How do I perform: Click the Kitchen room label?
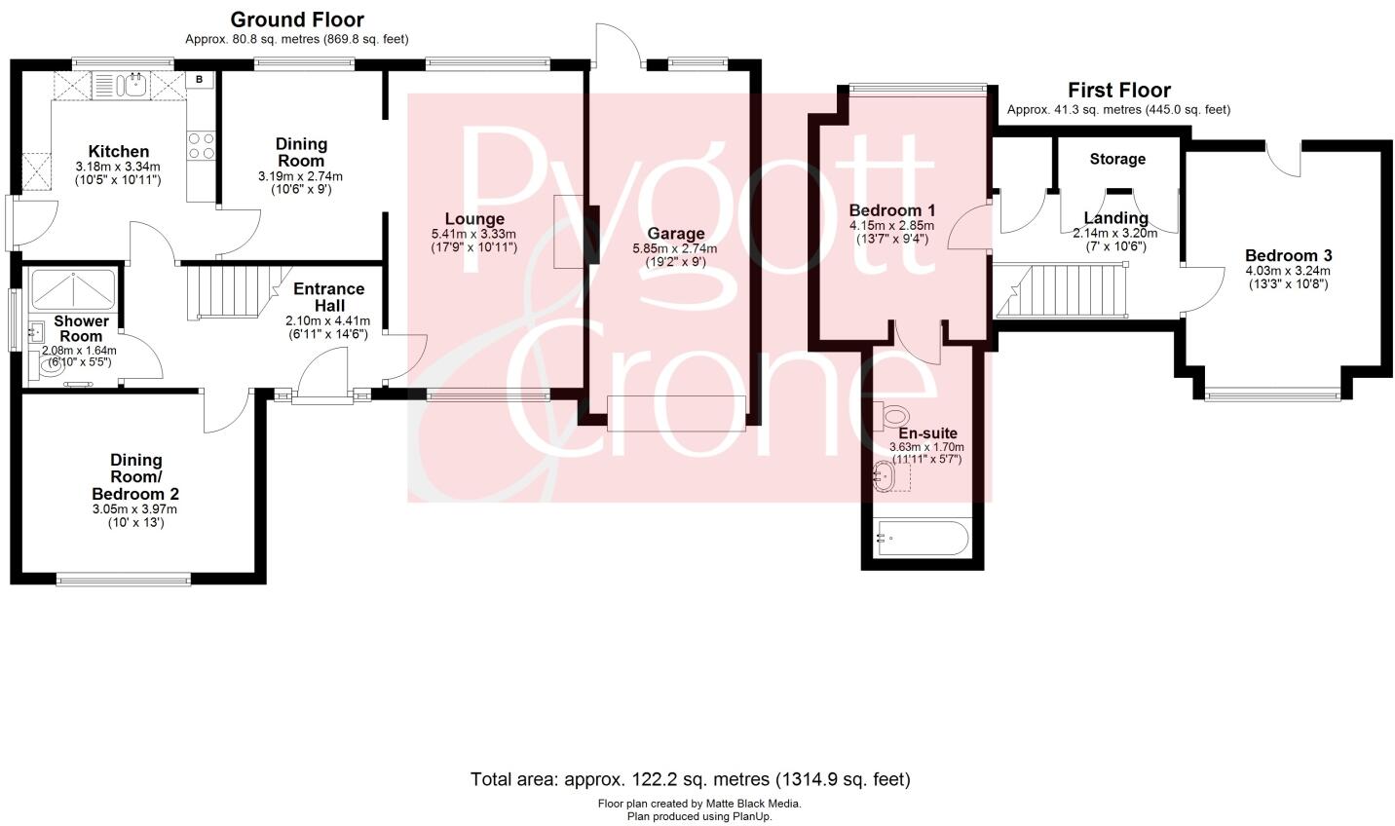[x=119, y=151]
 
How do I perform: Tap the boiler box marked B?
[x=200, y=80]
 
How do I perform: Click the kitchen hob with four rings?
[x=201, y=146]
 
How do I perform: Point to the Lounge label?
[x=474, y=219]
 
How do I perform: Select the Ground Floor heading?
[x=296, y=19]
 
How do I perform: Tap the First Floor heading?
[x=1118, y=91]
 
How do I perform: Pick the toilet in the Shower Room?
[x=50, y=365]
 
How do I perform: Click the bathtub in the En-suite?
[x=922, y=538]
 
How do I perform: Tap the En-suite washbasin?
[x=886, y=476]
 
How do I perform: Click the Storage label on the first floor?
[x=1116, y=159]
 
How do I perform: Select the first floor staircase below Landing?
[x=1067, y=292]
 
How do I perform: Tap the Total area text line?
[x=690, y=779]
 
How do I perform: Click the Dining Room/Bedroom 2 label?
[x=135, y=476]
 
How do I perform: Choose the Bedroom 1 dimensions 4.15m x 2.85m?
[x=891, y=225]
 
